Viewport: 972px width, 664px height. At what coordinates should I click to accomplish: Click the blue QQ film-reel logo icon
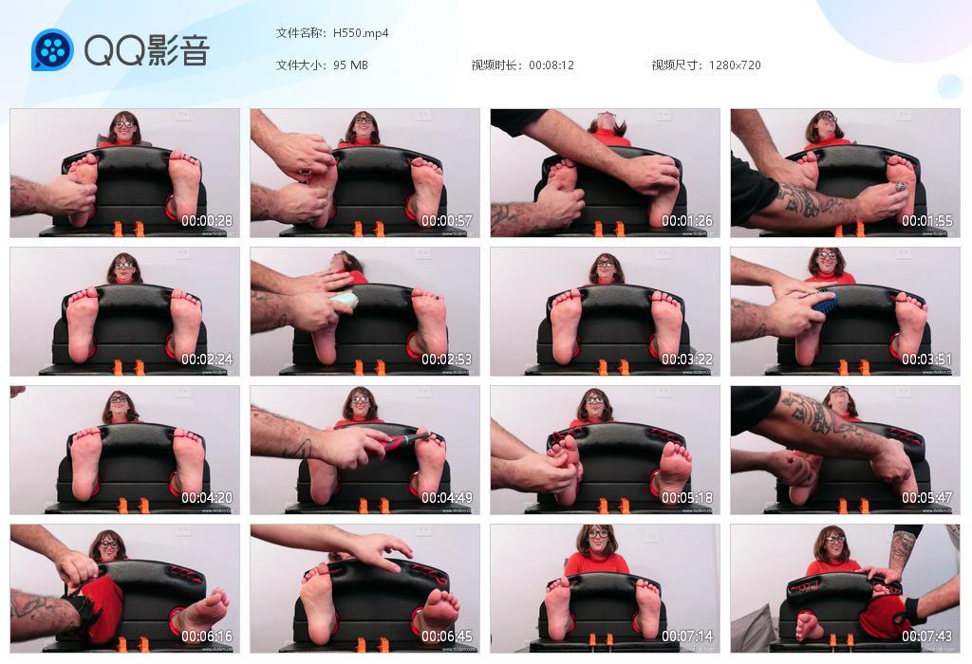point(52,49)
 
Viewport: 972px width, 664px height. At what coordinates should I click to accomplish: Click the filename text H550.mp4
point(361,33)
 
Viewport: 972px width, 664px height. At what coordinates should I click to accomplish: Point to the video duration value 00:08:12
point(551,65)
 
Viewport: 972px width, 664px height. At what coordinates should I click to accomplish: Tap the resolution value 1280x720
point(735,65)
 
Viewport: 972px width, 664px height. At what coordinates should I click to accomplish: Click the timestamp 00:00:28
point(207,221)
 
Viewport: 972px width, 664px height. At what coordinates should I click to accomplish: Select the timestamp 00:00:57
point(447,221)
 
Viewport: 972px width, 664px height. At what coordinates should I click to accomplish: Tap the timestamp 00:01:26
point(687,221)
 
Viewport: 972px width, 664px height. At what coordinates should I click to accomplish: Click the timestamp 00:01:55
point(927,221)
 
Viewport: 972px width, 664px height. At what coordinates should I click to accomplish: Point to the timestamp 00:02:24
point(207,360)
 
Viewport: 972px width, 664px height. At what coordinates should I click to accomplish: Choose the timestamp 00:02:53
point(447,360)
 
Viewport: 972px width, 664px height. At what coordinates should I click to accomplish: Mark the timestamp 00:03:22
point(687,360)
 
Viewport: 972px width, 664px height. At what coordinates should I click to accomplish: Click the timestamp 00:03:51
point(927,360)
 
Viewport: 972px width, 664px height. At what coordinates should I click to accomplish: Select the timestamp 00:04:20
point(207,498)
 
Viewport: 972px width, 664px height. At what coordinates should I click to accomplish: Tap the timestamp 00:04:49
point(447,498)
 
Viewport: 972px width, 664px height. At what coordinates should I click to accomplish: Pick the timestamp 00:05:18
point(687,498)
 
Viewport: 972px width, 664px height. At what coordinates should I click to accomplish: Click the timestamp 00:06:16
point(207,636)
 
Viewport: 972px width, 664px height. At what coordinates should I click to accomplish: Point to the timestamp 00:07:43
point(927,636)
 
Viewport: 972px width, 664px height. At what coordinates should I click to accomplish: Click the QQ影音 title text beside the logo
point(146,50)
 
